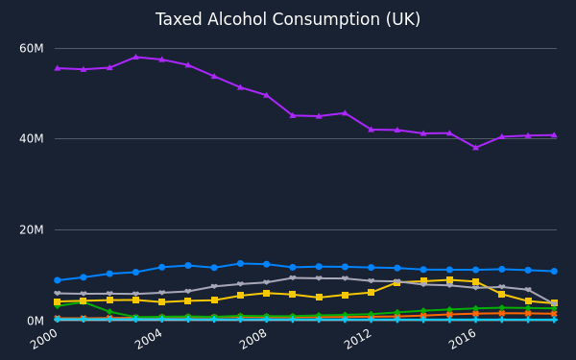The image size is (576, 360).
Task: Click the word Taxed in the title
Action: click(x=179, y=19)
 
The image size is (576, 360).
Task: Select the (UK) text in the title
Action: click(x=403, y=19)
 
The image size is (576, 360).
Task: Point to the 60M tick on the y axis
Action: click(x=32, y=48)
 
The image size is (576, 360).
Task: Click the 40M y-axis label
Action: click(x=32, y=138)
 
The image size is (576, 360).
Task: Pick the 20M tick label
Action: click(x=32, y=230)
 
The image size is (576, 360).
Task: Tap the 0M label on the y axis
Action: click(x=36, y=321)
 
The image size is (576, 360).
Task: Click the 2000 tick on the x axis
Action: click(x=44, y=339)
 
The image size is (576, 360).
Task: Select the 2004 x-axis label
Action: click(x=149, y=339)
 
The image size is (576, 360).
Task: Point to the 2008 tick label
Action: click(x=253, y=339)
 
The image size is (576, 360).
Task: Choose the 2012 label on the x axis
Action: click(x=358, y=339)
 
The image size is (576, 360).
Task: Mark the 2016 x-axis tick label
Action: click(x=463, y=339)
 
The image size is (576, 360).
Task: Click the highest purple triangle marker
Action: click(x=135, y=57)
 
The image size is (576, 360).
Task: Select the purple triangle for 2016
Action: click(x=476, y=147)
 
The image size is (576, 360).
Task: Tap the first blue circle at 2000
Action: click(x=58, y=280)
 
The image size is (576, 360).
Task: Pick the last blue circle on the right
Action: click(x=554, y=271)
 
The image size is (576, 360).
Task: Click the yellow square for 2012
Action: click(x=371, y=293)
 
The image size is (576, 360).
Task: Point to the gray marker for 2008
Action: click(x=266, y=282)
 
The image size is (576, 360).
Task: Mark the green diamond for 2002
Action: click(x=109, y=311)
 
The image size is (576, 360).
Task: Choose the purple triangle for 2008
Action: click(x=266, y=95)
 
